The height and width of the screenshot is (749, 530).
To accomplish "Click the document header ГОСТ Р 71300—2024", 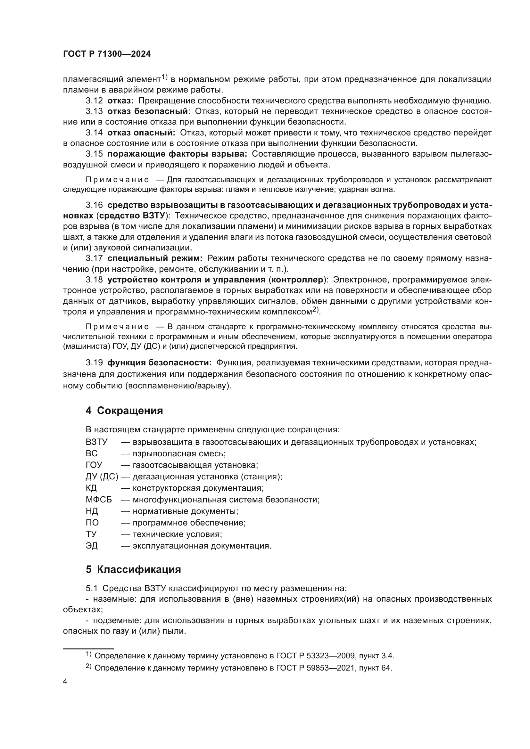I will [x=107, y=54].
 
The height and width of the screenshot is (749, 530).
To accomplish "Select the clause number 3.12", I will [x=94, y=101].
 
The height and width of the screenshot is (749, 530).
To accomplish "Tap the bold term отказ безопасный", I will [x=148, y=111].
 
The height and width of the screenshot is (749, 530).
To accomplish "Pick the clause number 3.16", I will [x=94, y=205].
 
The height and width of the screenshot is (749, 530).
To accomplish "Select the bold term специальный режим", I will [x=155, y=258].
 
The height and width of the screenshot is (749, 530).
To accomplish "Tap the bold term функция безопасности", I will [x=160, y=363].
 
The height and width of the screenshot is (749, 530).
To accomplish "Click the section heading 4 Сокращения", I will [x=124, y=411].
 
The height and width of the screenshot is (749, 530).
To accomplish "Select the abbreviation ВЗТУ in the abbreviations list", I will [x=96, y=442].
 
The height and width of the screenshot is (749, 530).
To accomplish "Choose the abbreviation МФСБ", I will [x=99, y=500].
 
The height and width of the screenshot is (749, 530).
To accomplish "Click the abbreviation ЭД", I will [x=92, y=546].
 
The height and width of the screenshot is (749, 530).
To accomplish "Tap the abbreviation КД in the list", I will [x=91, y=488].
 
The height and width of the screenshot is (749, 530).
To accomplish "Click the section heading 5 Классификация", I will [x=133, y=570].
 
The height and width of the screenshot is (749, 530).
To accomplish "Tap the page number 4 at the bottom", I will [x=65, y=682].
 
